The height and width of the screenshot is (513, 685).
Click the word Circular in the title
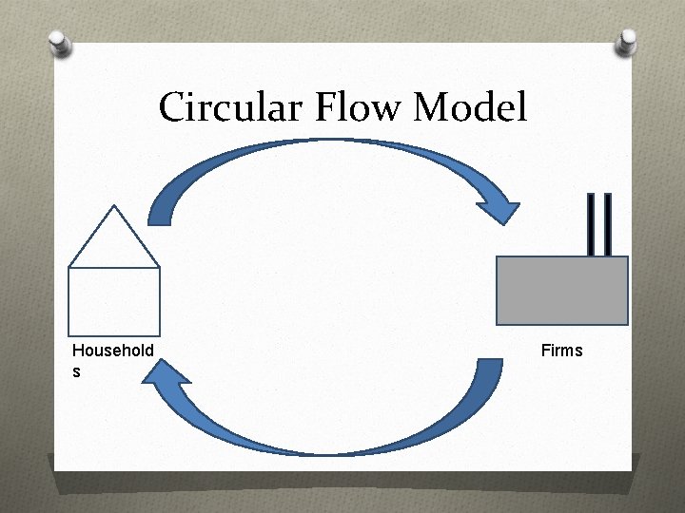click(226, 107)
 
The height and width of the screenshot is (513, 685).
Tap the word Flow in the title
click(358, 107)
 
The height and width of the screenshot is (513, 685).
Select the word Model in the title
click(470, 107)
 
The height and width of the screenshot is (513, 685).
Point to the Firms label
click(561, 351)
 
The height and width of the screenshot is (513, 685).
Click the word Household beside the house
click(112, 351)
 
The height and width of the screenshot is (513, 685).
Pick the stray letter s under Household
click(76, 371)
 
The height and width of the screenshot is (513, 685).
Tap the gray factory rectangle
click(562, 291)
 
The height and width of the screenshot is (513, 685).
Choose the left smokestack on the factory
click(593, 224)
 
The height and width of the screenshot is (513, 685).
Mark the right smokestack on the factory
click(606, 224)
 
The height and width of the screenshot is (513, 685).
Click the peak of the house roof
click(114, 207)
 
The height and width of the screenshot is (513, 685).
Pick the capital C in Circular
click(172, 107)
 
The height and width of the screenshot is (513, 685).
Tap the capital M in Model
click(432, 107)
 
